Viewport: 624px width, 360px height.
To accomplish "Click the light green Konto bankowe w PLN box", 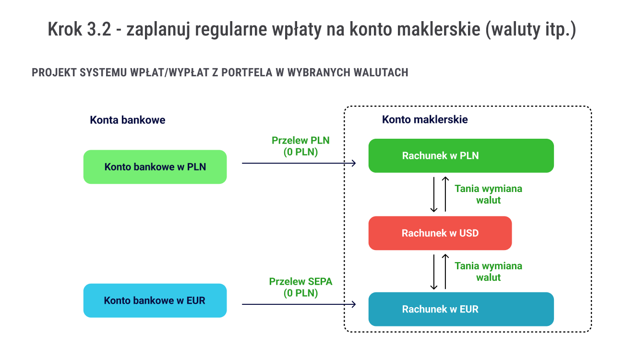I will [155, 167].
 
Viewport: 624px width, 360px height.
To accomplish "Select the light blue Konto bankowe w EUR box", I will [155, 300].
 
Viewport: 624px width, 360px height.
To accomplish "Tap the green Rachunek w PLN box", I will [461, 156].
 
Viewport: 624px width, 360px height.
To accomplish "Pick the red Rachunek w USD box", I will [440, 233].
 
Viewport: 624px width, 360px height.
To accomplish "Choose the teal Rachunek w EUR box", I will [461, 309].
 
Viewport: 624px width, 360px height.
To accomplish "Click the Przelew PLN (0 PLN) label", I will [300, 146].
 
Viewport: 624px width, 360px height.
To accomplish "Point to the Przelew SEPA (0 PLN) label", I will [300, 287].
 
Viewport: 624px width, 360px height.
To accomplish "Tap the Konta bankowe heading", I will [127, 120].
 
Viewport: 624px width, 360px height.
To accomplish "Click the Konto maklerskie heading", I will [425, 120].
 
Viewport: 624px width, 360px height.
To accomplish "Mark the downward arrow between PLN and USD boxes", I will [434, 194].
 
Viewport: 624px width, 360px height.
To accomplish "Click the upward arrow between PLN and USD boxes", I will [445, 194].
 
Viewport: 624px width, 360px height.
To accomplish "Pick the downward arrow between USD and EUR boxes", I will [434, 272].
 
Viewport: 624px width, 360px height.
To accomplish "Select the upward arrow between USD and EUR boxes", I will [445, 272].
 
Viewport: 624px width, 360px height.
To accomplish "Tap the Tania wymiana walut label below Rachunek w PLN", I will [488, 194].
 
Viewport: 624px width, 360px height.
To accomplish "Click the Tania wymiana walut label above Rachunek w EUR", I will [488, 272].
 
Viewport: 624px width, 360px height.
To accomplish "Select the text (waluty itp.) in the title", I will [530, 30].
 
